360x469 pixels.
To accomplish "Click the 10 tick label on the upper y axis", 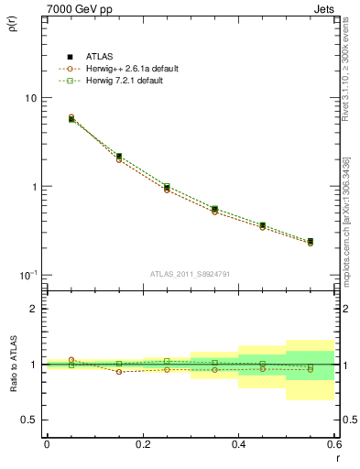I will point(29,98).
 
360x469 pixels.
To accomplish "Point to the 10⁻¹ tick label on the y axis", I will point(27,275).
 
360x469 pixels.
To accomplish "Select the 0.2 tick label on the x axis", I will point(142,446).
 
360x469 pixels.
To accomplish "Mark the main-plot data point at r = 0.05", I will point(71,118).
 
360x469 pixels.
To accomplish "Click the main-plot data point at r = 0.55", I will point(311,242).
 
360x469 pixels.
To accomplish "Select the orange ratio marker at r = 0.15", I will point(119,371).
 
